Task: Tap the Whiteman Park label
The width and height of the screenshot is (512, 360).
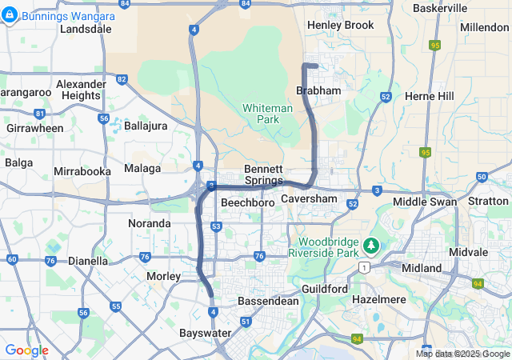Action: (x=262, y=113)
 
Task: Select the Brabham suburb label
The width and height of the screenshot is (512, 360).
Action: (x=318, y=91)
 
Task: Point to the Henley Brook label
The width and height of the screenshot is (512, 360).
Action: (x=340, y=25)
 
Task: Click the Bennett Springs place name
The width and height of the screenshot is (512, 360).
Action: (x=263, y=174)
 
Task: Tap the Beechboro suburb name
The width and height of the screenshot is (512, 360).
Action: (x=247, y=203)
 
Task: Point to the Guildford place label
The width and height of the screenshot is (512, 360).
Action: (x=325, y=288)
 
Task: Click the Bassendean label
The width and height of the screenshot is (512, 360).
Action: (x=268, y=302)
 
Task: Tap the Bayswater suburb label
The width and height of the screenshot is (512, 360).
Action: (x=205, y=332)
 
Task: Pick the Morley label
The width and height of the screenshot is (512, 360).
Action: (x=163, y=276)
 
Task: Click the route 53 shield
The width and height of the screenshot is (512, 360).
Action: (x=216, y=227)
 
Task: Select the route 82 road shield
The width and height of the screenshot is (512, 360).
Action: (x=122, y=78)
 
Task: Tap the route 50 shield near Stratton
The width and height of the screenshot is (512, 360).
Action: (x=481, y=177)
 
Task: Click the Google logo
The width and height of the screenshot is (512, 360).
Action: (x=26, y=350)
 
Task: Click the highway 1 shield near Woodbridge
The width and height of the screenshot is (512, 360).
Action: (x=366, y=266)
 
